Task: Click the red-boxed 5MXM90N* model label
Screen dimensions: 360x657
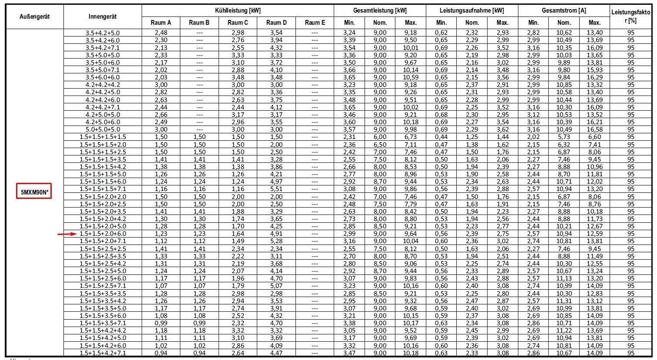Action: coord(34,191)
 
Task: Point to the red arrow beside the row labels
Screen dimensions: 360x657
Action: coord(68,234)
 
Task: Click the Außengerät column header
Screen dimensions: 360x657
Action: coord(35,17)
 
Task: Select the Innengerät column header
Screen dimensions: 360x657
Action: coord(103,17)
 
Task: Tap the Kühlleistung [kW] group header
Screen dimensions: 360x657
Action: coord(238,10)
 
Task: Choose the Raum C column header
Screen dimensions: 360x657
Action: coord(238,23)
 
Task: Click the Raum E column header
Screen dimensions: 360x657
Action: coord(315,23)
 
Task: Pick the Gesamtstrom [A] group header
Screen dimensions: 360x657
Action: coord(564,10)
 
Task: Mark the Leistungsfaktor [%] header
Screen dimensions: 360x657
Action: coord(630,17)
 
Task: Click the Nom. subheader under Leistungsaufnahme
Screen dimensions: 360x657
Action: coord(472,23)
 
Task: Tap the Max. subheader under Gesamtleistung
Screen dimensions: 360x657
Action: coord(410,23)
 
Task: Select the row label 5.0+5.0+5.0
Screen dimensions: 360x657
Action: coord(103,129)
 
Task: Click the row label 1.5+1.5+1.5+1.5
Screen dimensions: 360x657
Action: coord(103,137)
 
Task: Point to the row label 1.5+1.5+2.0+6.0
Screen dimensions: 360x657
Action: coord(103,234)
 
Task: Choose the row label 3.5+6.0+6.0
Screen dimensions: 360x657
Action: coord(103,77)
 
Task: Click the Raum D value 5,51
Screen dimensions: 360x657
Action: coord(276,189)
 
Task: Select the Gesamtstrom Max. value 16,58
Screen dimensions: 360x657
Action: coord(594,129)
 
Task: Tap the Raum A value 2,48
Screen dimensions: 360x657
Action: coord(161,33)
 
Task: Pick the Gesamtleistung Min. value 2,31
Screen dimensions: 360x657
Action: coord(349,137)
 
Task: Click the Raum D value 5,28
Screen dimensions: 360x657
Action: coord(276,241)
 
